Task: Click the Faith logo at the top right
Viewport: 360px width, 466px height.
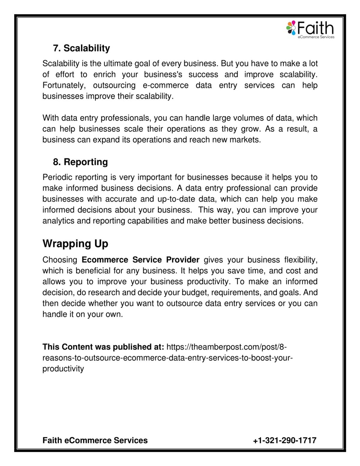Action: pyautogui.click(x=310, y=29)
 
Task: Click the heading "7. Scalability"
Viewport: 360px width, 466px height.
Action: pyautogui.click(x=81, y=48)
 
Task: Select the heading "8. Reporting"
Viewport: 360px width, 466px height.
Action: pyautogui.click(x=80, y=162)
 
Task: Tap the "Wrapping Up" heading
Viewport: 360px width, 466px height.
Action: pyautogui.click(x=75, y=243)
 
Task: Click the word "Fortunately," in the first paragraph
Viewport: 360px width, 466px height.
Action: pyautogui.click(x=64, y=85)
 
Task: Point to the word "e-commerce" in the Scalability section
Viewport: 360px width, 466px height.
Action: pyautogui.click(x=166, y=85)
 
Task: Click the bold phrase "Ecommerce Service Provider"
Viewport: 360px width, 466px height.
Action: pyautogui.click(x=140, y=260)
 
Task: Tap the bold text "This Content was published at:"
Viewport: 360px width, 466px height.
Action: pyautogui.click(x=103, y=347)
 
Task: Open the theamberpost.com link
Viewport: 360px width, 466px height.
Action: pyautogui.click(x=226, y=347)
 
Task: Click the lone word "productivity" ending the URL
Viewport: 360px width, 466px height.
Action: pyautogui.click(x=63, y=369)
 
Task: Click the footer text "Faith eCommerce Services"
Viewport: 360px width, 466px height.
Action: pyautogui.click(x=95, y=440)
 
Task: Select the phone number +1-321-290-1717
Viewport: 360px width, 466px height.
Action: pyautogui.click(x=285, y=440)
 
